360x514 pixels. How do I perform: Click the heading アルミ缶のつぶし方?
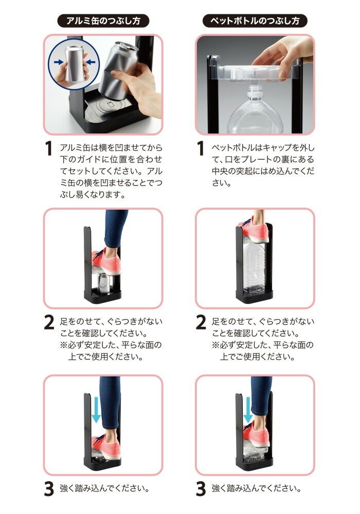[x=103, y=21]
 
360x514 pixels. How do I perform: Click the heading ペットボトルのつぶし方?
[x=255, y=21]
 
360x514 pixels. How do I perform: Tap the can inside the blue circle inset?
[x=75, y=64]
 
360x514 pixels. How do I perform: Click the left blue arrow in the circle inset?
[x=59, y=62]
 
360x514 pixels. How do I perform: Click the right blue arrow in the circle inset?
[x=91, y=62]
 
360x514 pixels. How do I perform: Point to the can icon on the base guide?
[x=109, y=105]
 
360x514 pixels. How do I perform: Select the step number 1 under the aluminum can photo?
[x=48, y=148]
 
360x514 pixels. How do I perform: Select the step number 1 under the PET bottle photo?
[x=201, y=148]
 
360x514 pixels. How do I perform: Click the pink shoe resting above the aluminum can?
[x=107, y=262]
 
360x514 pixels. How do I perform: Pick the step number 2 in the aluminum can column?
[x=49, y=322]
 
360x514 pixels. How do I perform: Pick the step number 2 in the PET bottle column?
[x=201, y=322]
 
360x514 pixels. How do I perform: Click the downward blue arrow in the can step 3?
[x=96, y=410]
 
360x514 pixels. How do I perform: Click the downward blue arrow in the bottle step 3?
[x=248, y=410]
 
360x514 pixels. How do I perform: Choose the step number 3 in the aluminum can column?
[x=49, y=488]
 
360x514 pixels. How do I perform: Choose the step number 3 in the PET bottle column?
[x=201, y=488]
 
